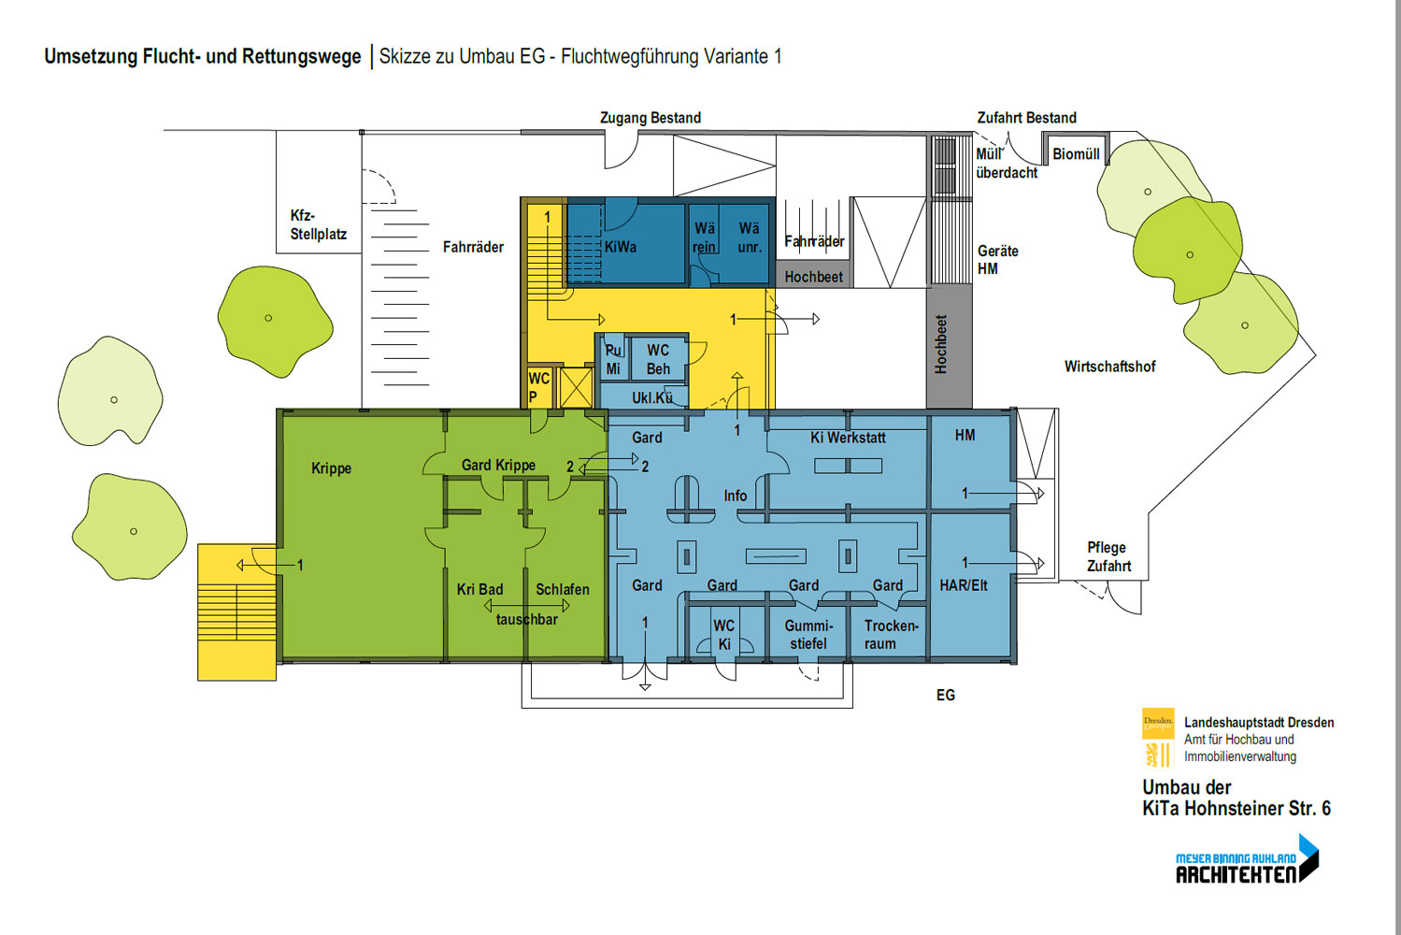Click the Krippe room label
click(x=331, y=468)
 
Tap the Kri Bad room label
click(x=479, y=589)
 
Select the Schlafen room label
click(x=562, y=589)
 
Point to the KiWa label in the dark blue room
click(x=620, y=247)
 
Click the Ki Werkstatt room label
click(x=848, y=438)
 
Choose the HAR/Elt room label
click(x=964, y=585)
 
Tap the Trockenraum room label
click(x=890, y=634)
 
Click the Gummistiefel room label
click(x=808, y=634)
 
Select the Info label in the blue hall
click(x=735, y=496)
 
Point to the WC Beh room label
click(x=658, y=359)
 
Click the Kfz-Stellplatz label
click(x=318, y=224)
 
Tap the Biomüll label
click(x=1076, y=154)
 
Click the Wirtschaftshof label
click(x=1109, y=367)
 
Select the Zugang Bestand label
click(x=650, y=118)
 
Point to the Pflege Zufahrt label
click(x=1108, y=556)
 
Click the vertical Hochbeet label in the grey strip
click(x=941, y=344)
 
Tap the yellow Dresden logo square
click(x=1158, y=723)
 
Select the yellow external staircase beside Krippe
click(x=236, y=612)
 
